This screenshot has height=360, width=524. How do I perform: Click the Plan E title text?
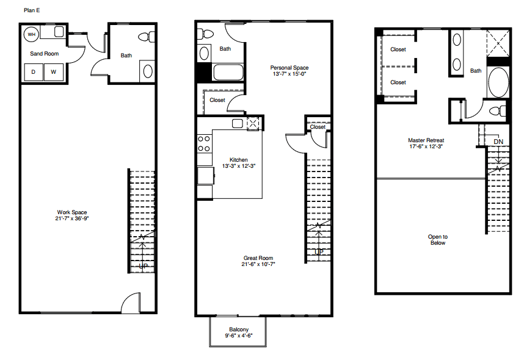coord(32,10)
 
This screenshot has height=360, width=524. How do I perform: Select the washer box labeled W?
coord(53,72)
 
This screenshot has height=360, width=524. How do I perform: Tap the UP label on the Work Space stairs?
coord(143,266)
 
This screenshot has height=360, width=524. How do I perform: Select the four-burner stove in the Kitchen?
coord(204,143)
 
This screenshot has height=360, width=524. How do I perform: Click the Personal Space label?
coord(289,68)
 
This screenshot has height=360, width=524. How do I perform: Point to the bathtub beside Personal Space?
coord(229,73)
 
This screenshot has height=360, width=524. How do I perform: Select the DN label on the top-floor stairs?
coord(498,142)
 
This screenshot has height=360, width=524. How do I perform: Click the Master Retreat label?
coord(426,140)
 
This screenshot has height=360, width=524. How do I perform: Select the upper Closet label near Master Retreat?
coord(398,49)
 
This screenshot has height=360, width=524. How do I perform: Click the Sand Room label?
coord(45,54)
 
